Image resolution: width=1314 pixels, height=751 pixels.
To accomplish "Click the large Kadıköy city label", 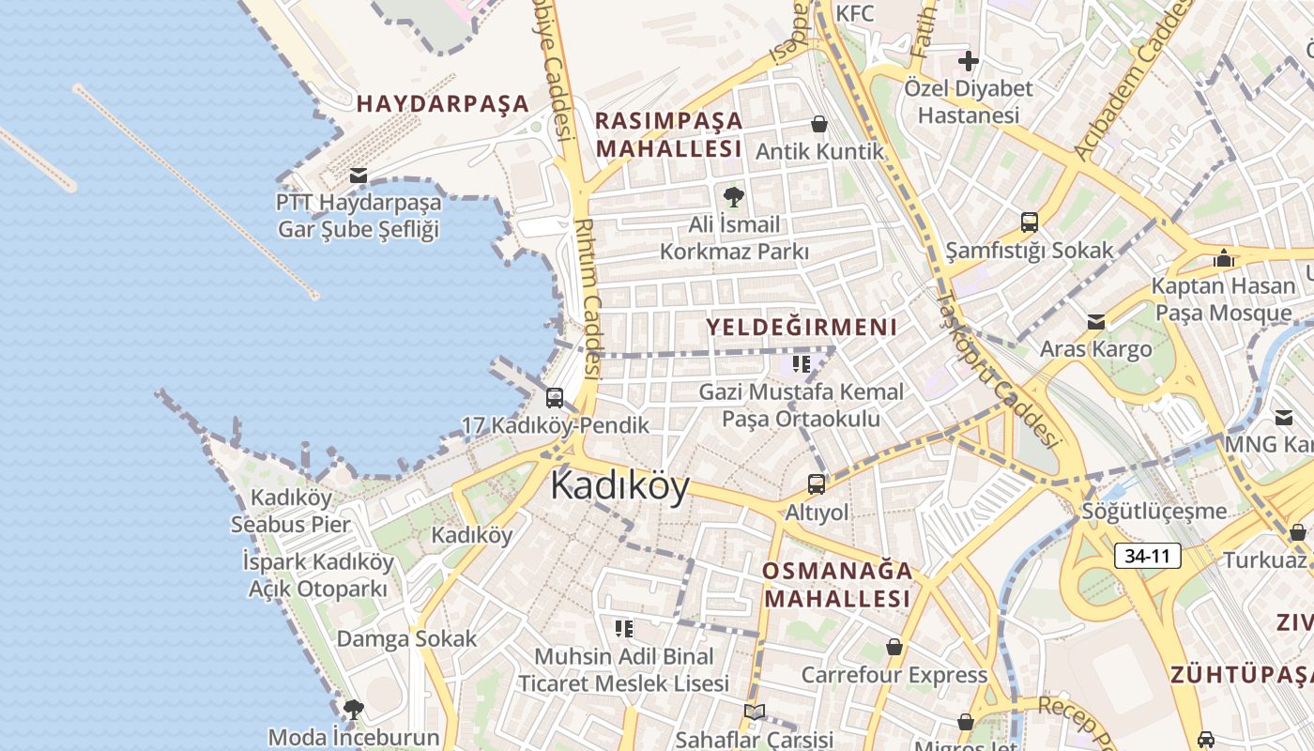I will (619, 486).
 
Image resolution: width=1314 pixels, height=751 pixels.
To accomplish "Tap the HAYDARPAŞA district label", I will (443, 104).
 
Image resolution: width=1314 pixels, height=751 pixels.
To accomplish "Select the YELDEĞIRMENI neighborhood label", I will (802, 328).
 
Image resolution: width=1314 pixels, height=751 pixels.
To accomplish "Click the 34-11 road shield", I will (1147, 556).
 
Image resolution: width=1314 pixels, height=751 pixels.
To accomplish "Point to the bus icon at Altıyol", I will (817, 484).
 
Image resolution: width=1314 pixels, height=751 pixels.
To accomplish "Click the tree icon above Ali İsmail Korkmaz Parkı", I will (734, 197).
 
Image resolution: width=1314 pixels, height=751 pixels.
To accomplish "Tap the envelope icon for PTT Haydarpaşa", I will (358, 176).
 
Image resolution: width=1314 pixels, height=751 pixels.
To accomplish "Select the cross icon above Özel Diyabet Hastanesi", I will (968, 62).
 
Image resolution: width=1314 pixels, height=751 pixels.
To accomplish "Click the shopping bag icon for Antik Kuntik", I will (819, 124).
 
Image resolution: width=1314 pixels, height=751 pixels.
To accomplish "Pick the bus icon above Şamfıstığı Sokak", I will (1030, 222).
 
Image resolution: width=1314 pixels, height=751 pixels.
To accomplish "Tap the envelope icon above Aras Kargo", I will (1095, 322).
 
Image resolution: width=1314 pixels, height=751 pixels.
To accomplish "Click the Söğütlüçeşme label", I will (1154, 512).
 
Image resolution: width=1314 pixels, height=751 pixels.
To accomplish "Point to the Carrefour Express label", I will (894, 675).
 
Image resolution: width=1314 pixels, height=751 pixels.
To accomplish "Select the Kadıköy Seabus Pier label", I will (291, 512).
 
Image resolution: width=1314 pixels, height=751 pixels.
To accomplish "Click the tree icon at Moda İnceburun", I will (353, 710).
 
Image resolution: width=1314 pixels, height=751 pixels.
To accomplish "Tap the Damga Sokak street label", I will (406, 639).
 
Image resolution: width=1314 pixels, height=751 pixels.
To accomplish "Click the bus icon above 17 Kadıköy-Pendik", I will (555, 397).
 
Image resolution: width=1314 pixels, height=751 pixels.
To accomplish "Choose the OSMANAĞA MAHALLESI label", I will (837, 585).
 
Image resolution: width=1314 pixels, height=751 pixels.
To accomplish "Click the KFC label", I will (854, 13).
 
